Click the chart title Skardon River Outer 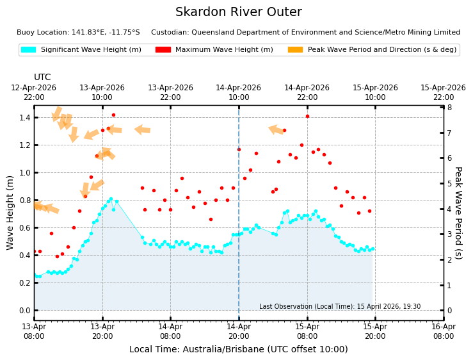(238, 12)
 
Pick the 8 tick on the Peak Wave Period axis (449, 108)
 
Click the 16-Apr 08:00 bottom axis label (443, 331)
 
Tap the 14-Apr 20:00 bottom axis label (239, 331)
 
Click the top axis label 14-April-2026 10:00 (239, 92)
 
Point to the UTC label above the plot (42, 77)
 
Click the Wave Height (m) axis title (10, 213)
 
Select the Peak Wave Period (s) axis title (458, 213)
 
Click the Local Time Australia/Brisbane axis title (238, 349)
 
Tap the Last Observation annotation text (340, 307)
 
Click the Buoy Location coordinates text (78, 32)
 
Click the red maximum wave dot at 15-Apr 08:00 (307, 116)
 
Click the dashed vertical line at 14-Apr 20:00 (239, 192)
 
